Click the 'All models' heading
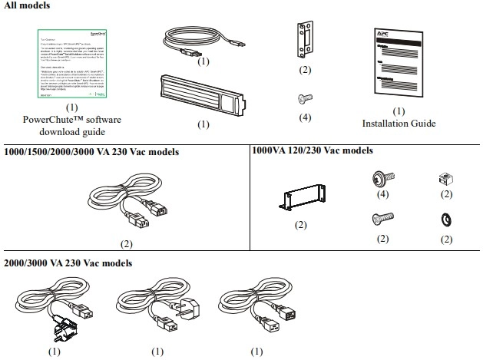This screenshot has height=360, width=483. (25, 6)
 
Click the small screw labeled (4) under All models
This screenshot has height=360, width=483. (305, 99)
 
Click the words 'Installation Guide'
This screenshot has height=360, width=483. (399, 124)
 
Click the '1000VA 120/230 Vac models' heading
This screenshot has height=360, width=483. (313, 151)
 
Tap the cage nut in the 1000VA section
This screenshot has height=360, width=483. (443, 177)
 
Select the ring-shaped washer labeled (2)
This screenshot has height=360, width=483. (444, 220)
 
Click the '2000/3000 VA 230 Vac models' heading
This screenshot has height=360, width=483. (68, 263)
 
